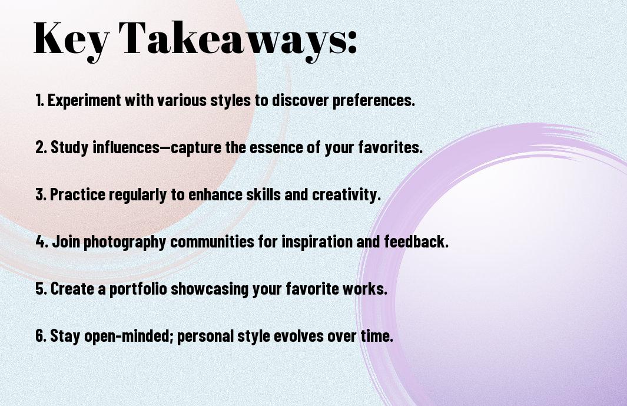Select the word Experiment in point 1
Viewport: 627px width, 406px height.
pos(84,101)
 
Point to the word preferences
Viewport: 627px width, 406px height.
pos(373,101)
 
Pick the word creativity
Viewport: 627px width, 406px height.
pos(346,195)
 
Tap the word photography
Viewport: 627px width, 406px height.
pos(125,242)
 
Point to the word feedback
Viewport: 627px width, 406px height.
pos(416,242)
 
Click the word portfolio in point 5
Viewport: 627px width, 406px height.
pos(138,289)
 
